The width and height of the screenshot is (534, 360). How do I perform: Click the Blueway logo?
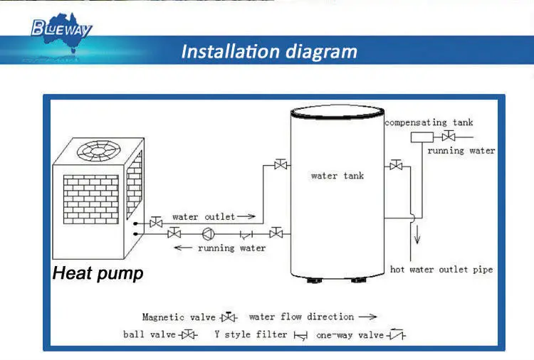click(x=61, y=29)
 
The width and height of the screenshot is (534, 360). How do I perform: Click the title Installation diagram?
click(x=268, y=52)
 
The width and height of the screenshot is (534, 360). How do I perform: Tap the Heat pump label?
click(x=98, y=273)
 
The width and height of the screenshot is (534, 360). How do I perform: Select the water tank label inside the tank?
click(x=337, y=176)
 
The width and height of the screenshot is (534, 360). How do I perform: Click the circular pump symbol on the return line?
click(x=208, y=233)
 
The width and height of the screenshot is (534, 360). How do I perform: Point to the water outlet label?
click(x=203, y=216)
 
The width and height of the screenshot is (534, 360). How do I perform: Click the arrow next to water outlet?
click(x=246, y=216)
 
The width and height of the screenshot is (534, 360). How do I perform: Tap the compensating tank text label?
click(x=429, y=123)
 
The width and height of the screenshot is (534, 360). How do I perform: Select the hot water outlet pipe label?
click(x=441, y=270)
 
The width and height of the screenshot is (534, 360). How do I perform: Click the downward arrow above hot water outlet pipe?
click(x=417, y=237)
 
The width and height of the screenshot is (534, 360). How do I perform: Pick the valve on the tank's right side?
click(x=396, y=166)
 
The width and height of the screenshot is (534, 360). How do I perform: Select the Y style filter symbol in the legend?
click(x=300, y=335)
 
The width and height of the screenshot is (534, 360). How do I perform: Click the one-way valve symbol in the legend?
click(x=397, y=334)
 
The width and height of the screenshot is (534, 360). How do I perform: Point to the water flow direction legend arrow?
click(x=367, y=317)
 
